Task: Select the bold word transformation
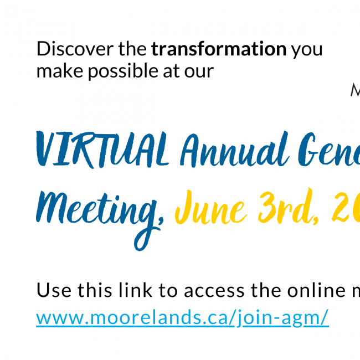[x=219, y=49]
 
